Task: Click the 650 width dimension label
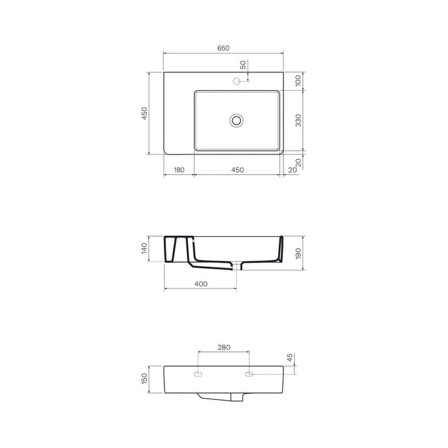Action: coord(223,48)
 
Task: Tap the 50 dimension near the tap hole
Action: coord(243,65)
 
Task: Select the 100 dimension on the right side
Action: coord(298,81)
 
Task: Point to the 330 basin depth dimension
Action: coord(298,120)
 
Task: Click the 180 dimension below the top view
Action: coord(179,170)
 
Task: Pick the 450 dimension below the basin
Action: coord(237,170)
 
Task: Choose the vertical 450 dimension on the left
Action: coord(145,113)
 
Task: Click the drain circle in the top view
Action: coord(236,120)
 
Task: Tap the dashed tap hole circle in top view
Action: coord(236,81)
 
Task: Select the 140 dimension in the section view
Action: coord(144,248)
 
